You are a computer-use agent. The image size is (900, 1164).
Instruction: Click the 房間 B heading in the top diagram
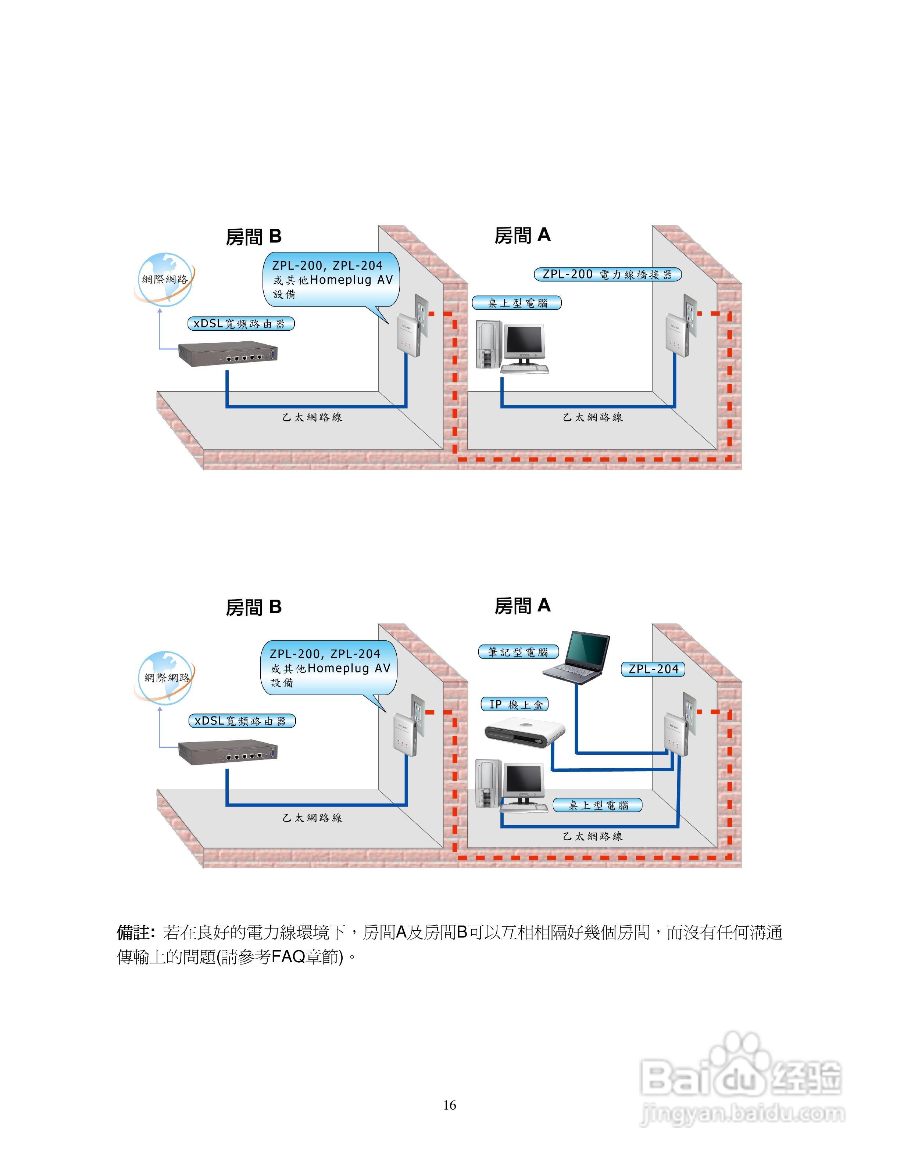pyautogui.click(x=253, y=237)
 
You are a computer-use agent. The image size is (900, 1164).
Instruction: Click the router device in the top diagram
pyautogui.click(x=228, y=353)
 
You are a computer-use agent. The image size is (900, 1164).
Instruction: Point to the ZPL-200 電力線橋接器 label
pyautogui.click(x=607, y=274)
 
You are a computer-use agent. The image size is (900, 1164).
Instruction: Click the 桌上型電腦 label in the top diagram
pyautogui.click(x=517, y=303)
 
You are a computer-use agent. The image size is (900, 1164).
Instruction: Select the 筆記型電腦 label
pyautogui.click(x=518, y=652)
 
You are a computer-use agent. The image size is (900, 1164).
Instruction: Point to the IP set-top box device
pyautogui.click(x=524, y=734)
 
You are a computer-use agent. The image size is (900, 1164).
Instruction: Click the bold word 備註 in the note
pyautogui.click(x=134, y=933)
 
